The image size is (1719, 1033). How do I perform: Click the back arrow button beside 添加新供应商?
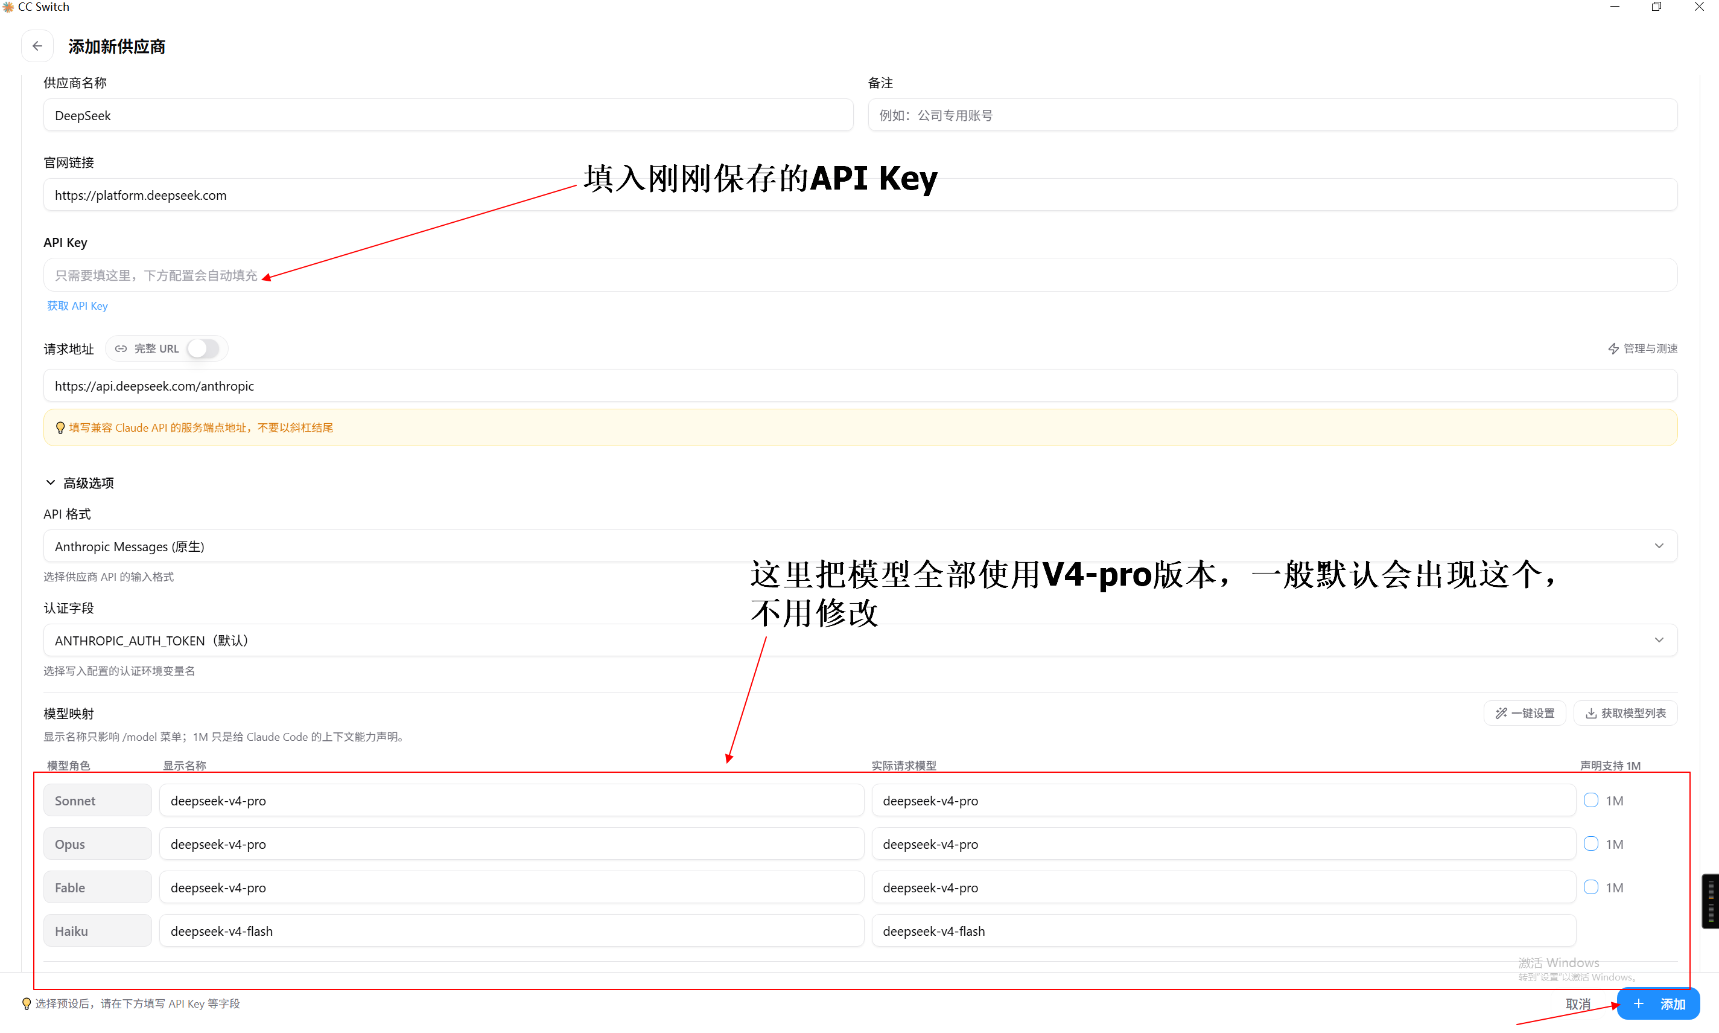point(37,46)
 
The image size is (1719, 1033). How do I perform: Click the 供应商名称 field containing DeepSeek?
point(448,115)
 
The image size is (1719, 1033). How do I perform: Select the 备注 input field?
point(1273,115)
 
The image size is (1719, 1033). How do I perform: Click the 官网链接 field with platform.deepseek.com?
point(860,195)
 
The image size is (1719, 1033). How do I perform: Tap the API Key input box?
point(860,275)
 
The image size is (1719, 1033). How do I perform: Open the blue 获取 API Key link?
point(77,305)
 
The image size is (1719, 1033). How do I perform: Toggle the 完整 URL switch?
point(203,349)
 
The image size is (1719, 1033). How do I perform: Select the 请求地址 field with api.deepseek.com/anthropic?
point(860,386)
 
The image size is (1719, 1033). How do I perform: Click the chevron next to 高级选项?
point(50,482)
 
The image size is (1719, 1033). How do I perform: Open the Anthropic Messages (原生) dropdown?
point(860,546)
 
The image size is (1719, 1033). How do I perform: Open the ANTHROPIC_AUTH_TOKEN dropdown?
point(860,641)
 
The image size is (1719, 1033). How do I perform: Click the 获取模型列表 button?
point(1626,713)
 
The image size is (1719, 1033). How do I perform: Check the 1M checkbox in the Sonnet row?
point(1591,801)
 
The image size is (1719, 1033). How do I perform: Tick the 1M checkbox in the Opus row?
point(1591,843)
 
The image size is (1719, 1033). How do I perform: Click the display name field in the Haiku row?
point(511,931)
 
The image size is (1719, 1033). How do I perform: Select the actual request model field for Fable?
point(1224,887)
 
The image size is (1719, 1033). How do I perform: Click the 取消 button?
point(1578,1004)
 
